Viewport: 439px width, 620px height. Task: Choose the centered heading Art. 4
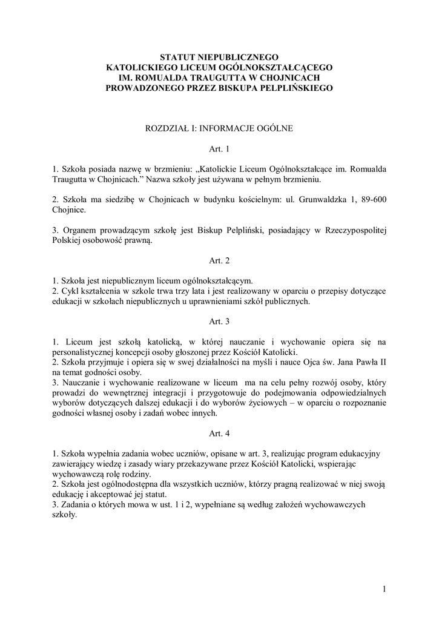tap(219, 434)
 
